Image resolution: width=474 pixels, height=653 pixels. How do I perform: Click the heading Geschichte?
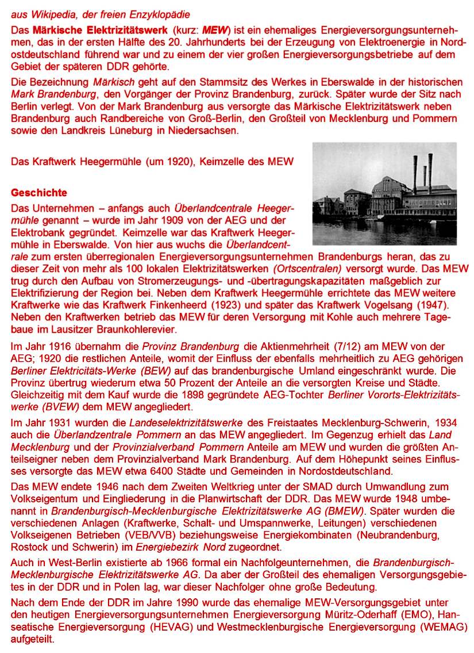pos(39,192)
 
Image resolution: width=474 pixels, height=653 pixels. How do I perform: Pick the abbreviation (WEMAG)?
pos(442,626)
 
